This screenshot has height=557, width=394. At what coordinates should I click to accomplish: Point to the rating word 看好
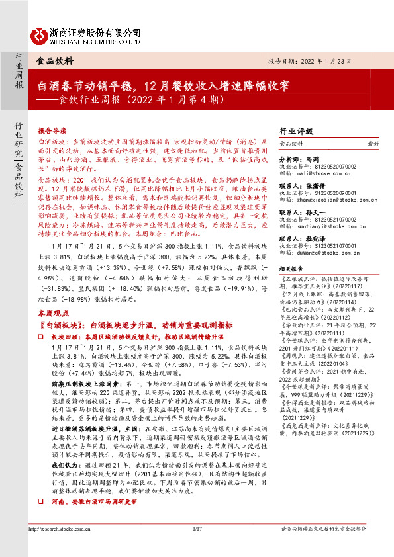tap(373, 143)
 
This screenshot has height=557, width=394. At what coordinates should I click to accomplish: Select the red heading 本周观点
tap(52, 312)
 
